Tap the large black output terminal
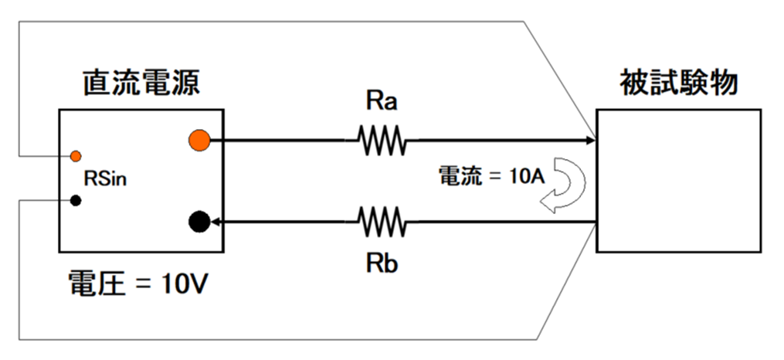click(x=199, y=222)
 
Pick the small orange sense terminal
click(x=76, y=156)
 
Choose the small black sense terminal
click(x=76, y=201)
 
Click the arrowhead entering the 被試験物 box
click(x=591, y=141)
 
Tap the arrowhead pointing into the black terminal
click(x=218, y=222)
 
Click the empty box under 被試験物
click(x=677, y=179)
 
